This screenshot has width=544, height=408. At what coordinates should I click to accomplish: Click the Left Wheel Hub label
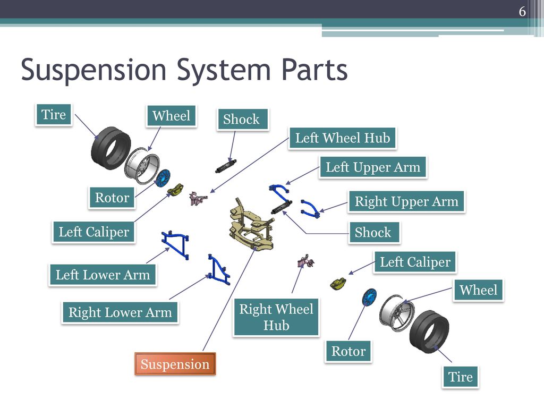coord(343,138)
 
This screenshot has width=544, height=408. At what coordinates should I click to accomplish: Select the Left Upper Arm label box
coord(373,167)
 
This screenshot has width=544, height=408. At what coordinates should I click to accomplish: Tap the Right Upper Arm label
coord(406,201)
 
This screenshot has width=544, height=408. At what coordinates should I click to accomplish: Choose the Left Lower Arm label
coord(103,275)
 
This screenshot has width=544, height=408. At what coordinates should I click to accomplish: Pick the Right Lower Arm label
coord(120,312)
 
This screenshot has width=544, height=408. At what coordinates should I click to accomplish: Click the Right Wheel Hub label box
coord(276,317)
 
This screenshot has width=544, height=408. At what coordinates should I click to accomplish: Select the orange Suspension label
coord(175,364)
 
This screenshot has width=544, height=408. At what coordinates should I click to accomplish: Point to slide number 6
coord(522,12)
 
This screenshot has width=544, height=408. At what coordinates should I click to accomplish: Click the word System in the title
coord(224,71)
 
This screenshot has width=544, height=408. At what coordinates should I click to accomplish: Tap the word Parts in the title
coord(314,70)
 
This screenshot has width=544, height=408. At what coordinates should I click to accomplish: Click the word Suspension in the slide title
coord(93,71)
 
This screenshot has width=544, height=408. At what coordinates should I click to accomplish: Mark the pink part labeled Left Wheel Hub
coord(198,198)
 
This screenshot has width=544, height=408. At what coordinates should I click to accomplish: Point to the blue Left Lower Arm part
coord(176,244)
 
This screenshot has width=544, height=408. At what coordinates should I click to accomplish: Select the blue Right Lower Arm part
coord(218,270)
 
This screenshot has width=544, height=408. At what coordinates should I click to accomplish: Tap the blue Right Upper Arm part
coord(310,209)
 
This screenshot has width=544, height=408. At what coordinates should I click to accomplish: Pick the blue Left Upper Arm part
coord(279,192)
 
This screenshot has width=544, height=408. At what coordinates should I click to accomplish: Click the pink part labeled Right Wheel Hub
coord(305,261)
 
